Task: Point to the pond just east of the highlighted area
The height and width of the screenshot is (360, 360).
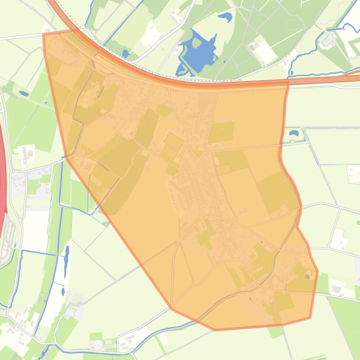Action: [x=294, y=133]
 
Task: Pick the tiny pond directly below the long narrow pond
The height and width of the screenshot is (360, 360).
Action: [x=63, y=292]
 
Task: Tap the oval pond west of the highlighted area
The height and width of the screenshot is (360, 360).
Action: [x=23, y=94]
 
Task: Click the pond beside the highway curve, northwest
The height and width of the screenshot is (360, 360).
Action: [x=125, y=53]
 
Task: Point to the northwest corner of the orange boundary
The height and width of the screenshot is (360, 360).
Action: [x=44, y=34]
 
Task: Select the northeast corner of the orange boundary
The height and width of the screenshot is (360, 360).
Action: [x=287, y=82]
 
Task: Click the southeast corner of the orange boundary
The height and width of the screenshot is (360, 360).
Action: [x=310, y=318]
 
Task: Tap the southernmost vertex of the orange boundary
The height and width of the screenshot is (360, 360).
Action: [x=215, y=330]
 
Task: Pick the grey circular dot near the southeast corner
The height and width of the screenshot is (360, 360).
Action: [x=308, y=277]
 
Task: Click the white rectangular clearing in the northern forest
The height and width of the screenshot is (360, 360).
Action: [x=263, y=50]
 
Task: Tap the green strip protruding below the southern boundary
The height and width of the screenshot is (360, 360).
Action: [x=275, y=331]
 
